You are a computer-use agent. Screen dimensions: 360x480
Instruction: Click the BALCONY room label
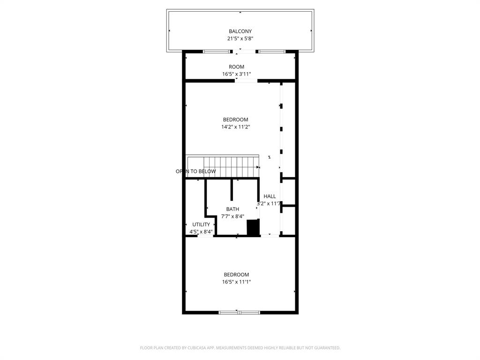pos(240,31)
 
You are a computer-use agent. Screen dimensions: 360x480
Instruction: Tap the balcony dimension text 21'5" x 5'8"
pos(240,39)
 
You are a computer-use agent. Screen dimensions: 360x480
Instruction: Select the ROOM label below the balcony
pos(236,67)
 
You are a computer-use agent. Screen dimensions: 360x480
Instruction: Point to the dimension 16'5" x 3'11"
pos(236,74)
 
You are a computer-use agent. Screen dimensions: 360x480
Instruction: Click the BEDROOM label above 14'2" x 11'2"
pos(235,120)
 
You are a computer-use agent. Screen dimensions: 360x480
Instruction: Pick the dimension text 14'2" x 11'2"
pos(235,127)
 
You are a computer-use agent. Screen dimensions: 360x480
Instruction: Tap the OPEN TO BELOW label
pos(196,172)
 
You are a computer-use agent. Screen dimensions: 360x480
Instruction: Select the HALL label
pos(270,196)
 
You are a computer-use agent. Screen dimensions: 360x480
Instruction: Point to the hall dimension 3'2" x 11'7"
pos(269,204)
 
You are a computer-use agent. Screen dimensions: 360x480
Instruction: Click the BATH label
pos(232,209)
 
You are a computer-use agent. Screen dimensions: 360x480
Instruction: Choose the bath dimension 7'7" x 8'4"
pos(232,217)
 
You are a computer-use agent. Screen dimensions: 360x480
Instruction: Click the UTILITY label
pos(201,225)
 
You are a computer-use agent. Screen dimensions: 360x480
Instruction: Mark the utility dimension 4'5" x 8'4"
pos(201,232)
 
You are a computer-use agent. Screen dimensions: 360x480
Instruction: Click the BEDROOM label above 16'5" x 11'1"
pos(236,275)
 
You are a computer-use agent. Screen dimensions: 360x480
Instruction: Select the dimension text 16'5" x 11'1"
pos(236,282)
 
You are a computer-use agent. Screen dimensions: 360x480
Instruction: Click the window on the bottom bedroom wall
pos(240,312)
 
